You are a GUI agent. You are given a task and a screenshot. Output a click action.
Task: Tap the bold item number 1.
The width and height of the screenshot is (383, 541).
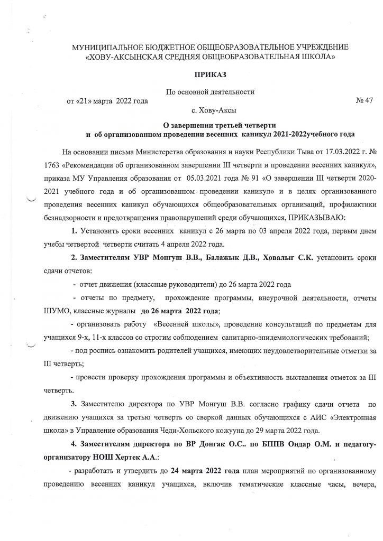point(75,218)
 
